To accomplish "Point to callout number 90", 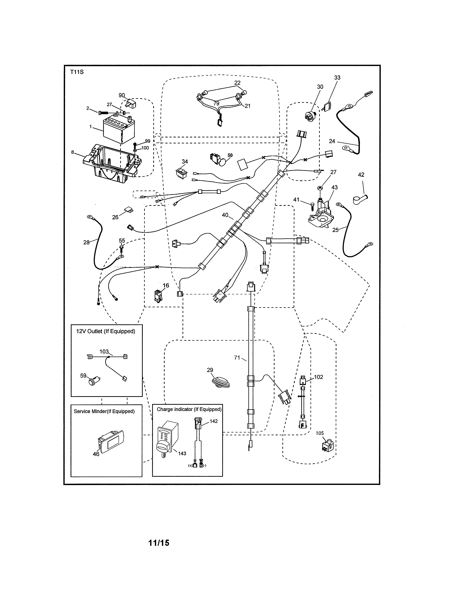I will tap(121, 95).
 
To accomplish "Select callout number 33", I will tap(337, 78).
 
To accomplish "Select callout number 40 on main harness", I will tap(225, 215).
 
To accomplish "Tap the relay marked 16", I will tap(158, 296).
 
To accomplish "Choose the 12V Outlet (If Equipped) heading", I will tap(106, 331).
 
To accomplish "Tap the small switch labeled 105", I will tap(328, 446).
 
